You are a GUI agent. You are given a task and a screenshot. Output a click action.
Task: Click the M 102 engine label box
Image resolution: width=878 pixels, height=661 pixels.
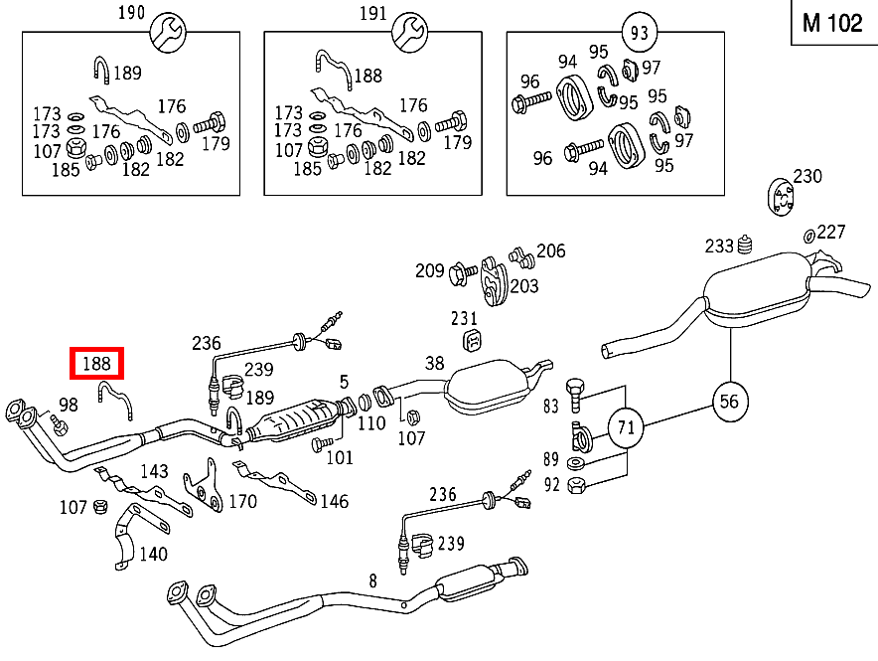pos(832,24)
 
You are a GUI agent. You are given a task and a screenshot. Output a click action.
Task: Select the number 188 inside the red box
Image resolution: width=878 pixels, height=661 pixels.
pos(95,364)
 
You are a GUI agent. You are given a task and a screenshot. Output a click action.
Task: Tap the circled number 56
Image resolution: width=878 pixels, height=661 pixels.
pos(731,402)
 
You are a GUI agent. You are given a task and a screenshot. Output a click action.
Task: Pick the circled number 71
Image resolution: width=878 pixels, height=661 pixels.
pos(626,429)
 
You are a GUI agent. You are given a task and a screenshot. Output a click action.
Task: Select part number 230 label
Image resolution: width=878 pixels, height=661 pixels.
pos(807,176)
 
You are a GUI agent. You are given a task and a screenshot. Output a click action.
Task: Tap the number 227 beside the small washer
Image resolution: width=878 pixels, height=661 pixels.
pos(831,232)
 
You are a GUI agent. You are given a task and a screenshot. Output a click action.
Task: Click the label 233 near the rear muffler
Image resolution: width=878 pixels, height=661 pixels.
pos(719,246)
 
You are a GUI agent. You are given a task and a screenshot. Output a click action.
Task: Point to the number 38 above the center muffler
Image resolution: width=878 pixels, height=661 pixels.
pos(435,364)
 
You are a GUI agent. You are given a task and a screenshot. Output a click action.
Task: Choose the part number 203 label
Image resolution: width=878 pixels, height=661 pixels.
pos(523,286)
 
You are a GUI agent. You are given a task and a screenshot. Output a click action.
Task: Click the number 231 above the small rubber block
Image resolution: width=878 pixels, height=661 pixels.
pos(464,319)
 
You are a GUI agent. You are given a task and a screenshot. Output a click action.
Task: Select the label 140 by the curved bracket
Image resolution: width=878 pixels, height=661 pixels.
pos(153,554)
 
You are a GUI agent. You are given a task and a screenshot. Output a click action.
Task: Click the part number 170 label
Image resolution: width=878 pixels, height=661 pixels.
pos(242,502)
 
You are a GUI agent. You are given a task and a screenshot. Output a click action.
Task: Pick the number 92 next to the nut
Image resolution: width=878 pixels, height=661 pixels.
pos(551,485)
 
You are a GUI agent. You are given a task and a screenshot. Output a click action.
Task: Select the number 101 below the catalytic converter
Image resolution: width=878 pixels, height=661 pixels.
pos(340,458)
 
